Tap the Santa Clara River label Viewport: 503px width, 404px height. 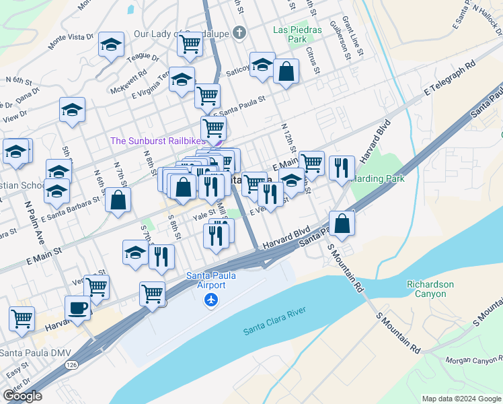pyautogui.click(x=274, y=320)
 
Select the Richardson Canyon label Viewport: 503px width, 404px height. pyautogui.click(x=430, y=290)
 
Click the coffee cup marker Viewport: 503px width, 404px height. pyautogui.click(x=77, y=308)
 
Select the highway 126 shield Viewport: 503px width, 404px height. pyautogui.click(x=71, y=364)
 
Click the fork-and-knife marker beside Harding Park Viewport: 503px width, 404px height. pyautogui.click(x=342, y=168)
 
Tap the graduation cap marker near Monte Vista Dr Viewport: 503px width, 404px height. pyautogui.click(x=111, y=45)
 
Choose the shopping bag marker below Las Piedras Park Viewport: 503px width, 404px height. pyautogui.click(x=286, y=71)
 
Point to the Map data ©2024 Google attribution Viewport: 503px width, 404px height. pyautogui.click(x=461, y=399)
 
